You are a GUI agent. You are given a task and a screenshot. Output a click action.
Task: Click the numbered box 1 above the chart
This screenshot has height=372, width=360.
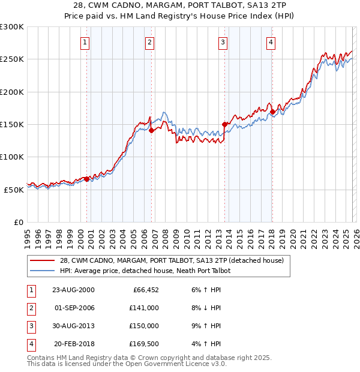pos(85,42)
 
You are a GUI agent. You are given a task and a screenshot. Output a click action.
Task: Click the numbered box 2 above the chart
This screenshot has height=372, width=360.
pos(149,42)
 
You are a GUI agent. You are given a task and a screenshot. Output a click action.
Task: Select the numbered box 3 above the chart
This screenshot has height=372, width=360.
pos(223,42)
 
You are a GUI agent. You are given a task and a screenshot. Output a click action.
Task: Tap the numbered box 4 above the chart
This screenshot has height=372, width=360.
pos(271,42)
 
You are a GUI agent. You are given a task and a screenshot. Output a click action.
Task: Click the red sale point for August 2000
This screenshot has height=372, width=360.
pos(87,179)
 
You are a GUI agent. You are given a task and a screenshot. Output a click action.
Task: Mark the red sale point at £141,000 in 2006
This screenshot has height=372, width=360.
pos(151,130)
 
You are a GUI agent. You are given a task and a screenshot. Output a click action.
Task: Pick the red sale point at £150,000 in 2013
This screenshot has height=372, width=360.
pos(225,124)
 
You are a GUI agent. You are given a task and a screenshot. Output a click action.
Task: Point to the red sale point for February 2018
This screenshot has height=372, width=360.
pos(272,112)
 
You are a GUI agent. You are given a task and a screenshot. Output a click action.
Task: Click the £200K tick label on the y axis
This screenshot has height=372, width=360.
pos(12,92)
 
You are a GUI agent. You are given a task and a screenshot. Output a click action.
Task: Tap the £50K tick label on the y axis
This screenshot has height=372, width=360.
pos(14,190)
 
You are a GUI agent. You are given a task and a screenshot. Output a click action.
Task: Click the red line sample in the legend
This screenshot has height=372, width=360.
pos(43,260)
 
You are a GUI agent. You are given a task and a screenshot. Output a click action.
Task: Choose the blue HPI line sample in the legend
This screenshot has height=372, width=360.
pos(43,271)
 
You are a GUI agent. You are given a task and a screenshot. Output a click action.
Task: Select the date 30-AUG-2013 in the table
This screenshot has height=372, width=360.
pos(74,326)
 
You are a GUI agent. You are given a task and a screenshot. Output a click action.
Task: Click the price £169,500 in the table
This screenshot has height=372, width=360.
pos(144,344)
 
